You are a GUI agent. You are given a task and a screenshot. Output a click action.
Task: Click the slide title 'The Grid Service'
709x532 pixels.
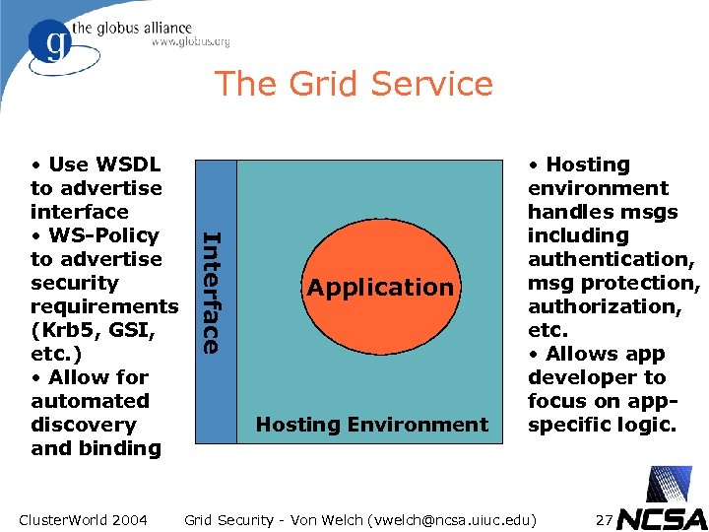pos(354,83)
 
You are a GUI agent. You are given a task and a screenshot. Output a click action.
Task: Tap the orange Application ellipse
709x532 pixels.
pos(379,288)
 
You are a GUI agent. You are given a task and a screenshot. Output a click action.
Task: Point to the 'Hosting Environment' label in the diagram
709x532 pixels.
pos(371,425)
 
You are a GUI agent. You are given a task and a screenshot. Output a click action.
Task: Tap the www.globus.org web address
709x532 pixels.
pos(190,42)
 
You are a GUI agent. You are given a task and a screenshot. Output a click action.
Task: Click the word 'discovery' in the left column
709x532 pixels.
pos(83,425)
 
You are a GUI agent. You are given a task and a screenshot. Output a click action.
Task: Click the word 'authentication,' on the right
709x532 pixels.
pos(612,259)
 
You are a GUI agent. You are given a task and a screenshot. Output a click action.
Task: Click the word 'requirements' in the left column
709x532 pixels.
pos(104,306)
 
